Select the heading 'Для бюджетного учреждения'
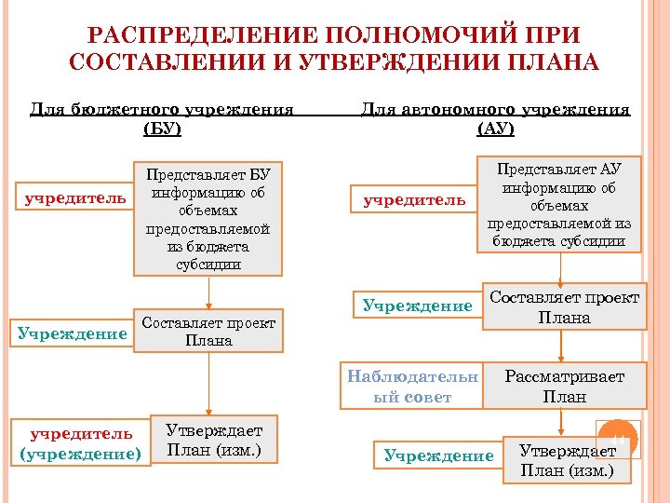(162, 109)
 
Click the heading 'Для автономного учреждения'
(495, 109)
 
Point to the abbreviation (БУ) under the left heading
(162, 129)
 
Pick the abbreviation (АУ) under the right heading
(495, 129)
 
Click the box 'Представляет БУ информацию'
(208, 220)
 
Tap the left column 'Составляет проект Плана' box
(208, 331)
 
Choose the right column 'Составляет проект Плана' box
(564, 307)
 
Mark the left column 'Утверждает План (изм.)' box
(213, 441)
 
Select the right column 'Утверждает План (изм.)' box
(566, 459)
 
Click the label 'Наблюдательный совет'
(412, 387)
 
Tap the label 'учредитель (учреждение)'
(80, 442)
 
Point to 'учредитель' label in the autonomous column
(415, 199)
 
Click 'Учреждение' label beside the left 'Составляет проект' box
(72, 333)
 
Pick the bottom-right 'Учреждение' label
(438, 455)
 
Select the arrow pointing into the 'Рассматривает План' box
(559, 352)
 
